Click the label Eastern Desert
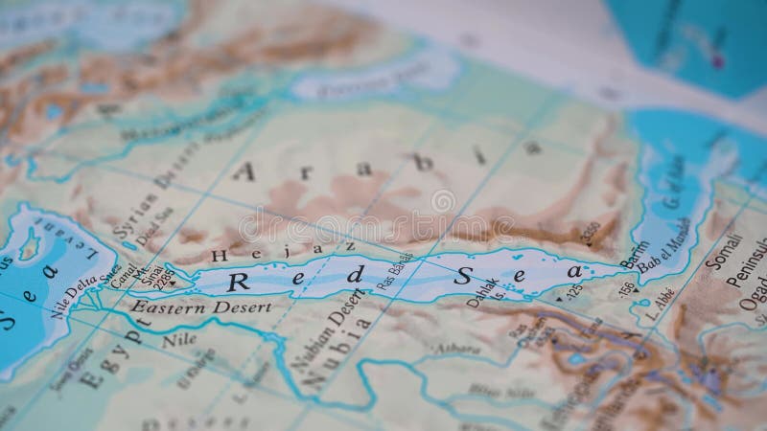coord(201,307)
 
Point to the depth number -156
coord(626,285)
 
